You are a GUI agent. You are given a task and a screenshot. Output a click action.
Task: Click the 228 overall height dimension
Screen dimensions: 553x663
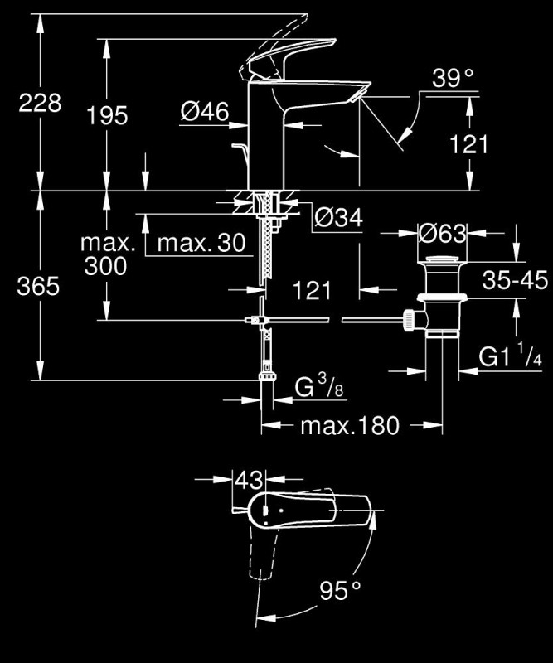click(40, 103)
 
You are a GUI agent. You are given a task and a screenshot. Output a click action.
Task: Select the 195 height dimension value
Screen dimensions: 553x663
click(107, 115)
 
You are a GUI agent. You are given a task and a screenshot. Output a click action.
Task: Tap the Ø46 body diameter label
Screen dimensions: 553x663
click(205, 111)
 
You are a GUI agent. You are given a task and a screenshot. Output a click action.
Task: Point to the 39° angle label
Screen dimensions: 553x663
click(453, 78)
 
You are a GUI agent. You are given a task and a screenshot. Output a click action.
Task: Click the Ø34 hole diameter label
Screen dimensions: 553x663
click(338, 218)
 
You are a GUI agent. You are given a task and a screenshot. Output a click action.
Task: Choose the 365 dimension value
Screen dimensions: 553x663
click(38, 286)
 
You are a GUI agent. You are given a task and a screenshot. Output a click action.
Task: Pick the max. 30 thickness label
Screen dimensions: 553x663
click(201, 243)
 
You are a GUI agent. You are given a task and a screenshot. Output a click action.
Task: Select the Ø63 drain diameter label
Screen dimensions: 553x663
click(442, 233)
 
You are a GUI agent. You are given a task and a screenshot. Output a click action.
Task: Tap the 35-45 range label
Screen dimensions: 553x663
click(515, 280)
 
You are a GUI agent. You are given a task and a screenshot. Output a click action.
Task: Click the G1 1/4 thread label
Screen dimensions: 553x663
click(510, 356)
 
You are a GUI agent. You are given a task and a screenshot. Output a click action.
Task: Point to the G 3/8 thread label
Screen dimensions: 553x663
click(319, 386)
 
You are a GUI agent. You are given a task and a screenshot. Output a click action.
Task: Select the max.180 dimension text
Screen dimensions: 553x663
click(350, 426)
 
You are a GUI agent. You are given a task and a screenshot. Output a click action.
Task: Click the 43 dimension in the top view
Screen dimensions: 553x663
click(249, 480)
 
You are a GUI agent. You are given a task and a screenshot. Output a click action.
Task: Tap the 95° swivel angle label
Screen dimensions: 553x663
click(340, 590)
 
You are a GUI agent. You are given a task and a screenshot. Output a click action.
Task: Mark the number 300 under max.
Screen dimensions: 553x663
click(105, 266)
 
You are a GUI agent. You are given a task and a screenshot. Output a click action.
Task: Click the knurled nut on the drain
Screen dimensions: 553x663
click(409, 320)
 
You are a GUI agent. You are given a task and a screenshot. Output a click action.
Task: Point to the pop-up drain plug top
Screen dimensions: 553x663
click(442, 259)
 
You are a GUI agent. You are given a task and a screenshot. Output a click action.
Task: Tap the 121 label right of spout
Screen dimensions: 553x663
click(468, 144)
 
